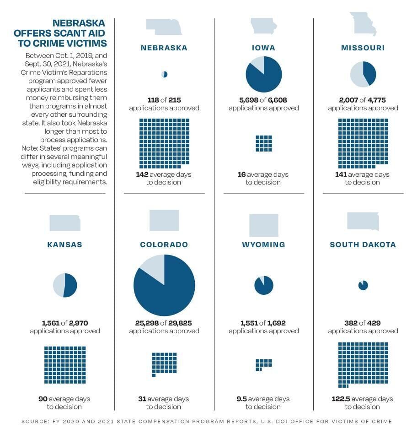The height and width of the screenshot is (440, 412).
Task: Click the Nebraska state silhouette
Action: point(164,27)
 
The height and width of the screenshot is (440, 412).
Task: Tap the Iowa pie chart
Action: point(264,74)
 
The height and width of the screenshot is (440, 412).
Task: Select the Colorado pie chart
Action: point(164,285)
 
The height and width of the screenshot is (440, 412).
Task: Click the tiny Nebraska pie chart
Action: point(165,74)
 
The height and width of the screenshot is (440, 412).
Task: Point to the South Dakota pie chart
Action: point(363,285)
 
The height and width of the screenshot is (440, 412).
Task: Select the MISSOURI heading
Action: point(363,48)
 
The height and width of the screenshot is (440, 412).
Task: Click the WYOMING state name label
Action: point(263,244)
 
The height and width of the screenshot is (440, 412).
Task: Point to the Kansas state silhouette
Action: point(65,223)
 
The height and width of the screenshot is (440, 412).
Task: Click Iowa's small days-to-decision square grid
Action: point(264,143)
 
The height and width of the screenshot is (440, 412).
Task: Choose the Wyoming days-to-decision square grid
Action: point(263,364)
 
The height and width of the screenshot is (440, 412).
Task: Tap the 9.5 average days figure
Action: point(241,399)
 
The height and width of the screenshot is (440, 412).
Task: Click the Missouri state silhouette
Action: point(363,24)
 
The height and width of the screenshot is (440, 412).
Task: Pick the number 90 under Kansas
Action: point(43,399)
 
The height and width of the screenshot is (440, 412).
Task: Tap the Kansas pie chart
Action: point(65,285)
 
